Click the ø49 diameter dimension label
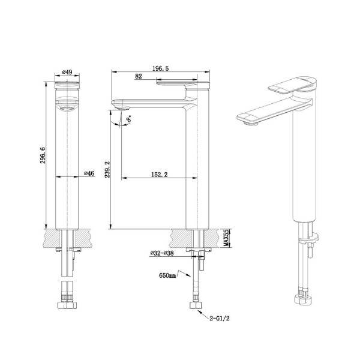coord(67,73)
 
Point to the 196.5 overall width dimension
coord(159,69)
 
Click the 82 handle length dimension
coord(139,77)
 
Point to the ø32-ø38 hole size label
coord(163,253)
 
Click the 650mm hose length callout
coord(169,275)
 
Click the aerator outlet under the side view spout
coord(125,108)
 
